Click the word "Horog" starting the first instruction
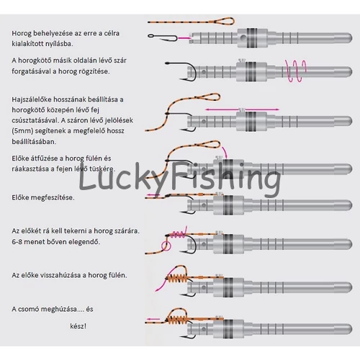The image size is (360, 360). (x=22, y=33)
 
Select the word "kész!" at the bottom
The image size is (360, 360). (x=78, y=326)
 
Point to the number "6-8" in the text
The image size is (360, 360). (x=17, y=242)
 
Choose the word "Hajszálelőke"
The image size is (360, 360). (x=32, y=99)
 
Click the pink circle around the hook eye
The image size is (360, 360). (x=166, y=246)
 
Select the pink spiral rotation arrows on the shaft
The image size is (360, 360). (x=296, y=71)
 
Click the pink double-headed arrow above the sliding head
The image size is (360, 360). (x=243, y=109)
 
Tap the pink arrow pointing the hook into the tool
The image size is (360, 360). (x=184, y=37)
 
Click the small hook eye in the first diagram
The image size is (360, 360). (x=151, y=36)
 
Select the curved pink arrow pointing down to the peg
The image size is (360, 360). (x=224, y=152)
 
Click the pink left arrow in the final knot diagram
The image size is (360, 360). (x=153, y=320)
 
